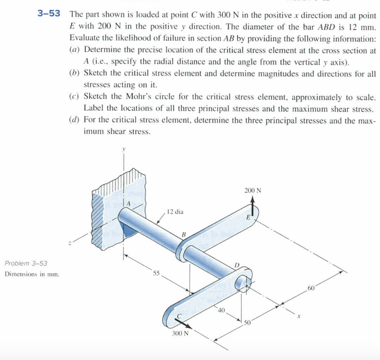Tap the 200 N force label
[253, 191]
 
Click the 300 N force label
[180, 333]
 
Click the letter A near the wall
[128, 204]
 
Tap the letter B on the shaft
[183, 234]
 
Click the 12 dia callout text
[175, 212]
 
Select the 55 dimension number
[156, 274]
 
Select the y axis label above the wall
[124, 148]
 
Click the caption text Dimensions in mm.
[32, 275]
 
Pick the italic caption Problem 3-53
[26, 263]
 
